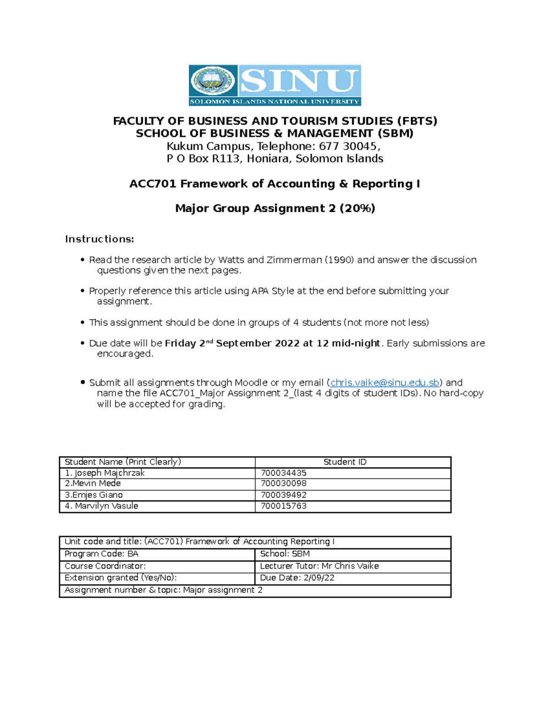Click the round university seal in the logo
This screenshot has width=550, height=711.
[x=212, y=81]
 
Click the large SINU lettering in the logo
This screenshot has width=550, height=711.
[x=299, y=81]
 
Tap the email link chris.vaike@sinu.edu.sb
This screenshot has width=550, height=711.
[x=385, y=383]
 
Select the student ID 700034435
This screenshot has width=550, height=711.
[x=283, y=473]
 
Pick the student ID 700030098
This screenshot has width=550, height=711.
[x=283, y=483]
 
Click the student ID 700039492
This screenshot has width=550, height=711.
[x=283, y=495]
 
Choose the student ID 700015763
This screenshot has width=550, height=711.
[x=283, y=506]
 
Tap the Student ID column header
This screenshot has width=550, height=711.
[x=345, y=462]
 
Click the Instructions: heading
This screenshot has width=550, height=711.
[x=99, y=239]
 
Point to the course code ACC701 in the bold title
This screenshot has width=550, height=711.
[x=153, y=184]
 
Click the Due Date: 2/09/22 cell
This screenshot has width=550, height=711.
[x=297, y=578]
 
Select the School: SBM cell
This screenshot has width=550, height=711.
[x=285, y=554]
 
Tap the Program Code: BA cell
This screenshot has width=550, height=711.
[x=101, y=554]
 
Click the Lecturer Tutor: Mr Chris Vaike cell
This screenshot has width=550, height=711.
[x=319, y=566]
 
